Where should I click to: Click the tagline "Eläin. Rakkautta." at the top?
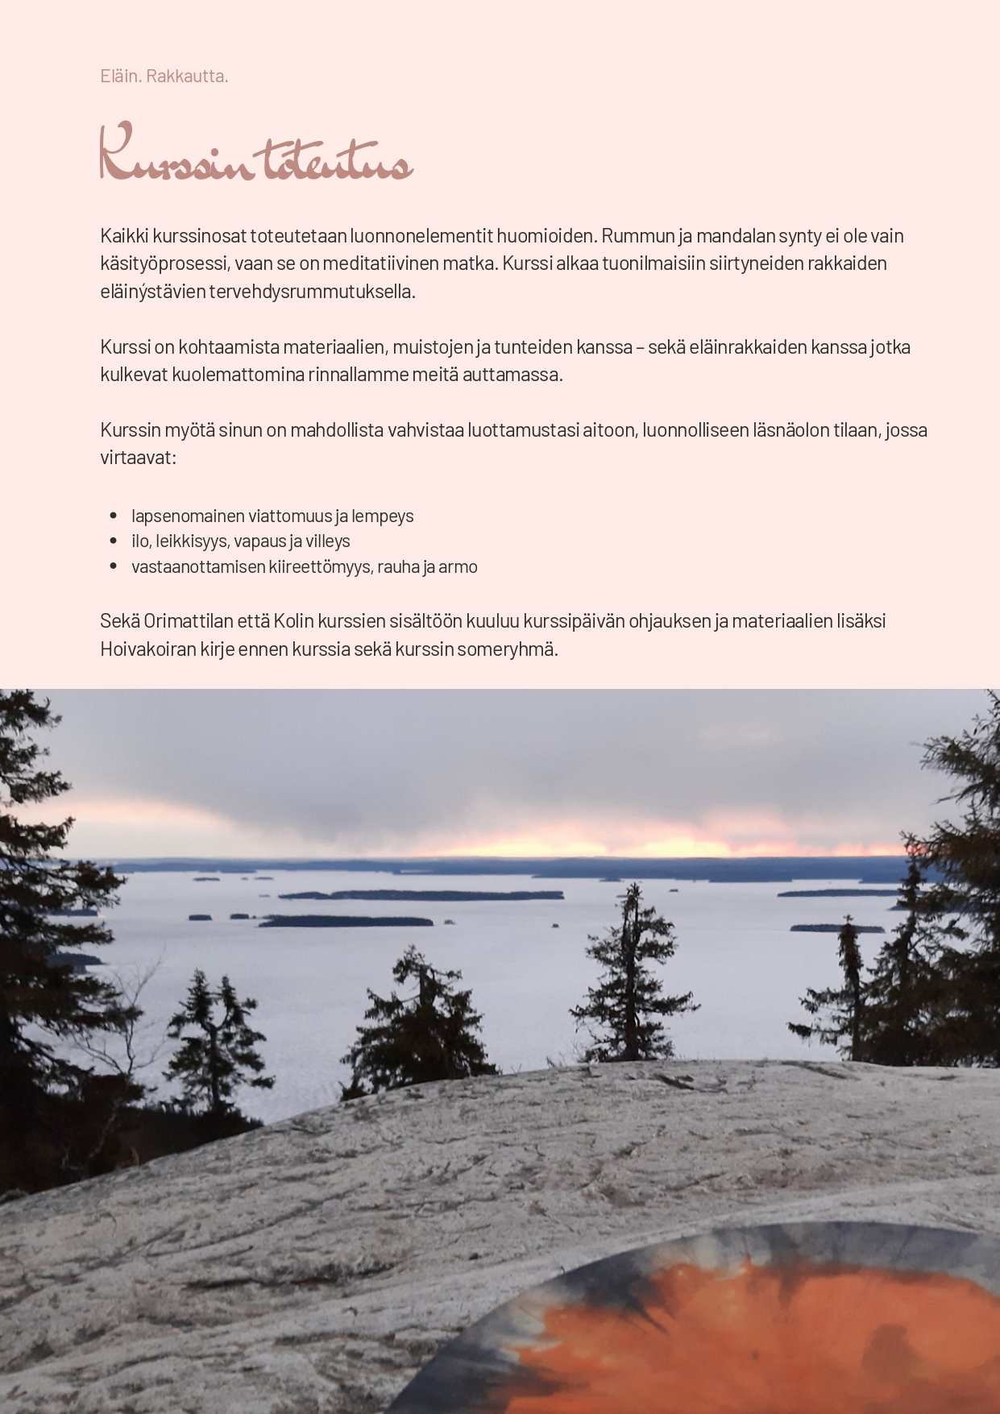point(164,76)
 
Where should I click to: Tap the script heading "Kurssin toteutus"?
point(256,153)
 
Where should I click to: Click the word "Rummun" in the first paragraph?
point(632,235)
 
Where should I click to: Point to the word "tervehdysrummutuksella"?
point(312,291)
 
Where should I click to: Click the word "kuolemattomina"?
point(238,374)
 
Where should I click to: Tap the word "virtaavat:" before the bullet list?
point(138,458)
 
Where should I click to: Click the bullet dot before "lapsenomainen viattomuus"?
point(113,516)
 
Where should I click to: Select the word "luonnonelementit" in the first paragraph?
point(414,235)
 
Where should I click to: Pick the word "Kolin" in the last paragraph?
point(293,621)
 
